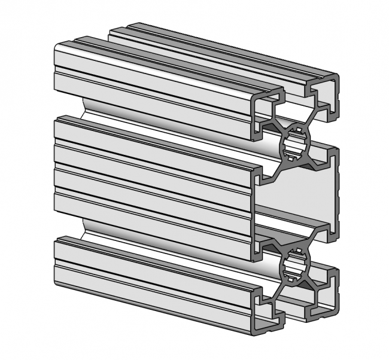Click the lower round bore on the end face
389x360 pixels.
[295, 264]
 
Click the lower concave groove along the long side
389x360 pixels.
[162, 230]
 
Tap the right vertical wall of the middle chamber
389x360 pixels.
[335, 191]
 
